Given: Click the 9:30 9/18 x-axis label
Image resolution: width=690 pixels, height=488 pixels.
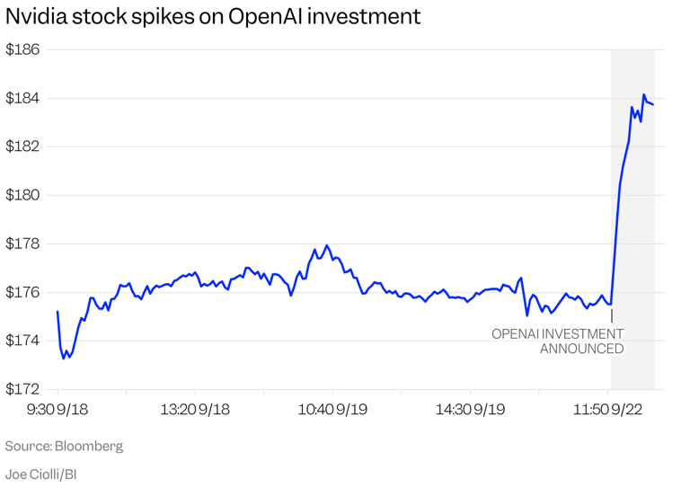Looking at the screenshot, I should click(57, 408).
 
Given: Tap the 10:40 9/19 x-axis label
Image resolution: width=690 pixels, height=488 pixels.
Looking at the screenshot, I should click(333, 408).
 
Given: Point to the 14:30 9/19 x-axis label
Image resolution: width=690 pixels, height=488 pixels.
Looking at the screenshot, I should click(471, 408).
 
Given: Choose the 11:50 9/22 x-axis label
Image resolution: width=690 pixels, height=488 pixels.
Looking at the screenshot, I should click(609, 408).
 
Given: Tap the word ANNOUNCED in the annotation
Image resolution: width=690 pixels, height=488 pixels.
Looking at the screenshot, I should click(581, 349).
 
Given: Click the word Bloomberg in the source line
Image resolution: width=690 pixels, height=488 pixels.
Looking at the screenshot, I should click(89, 446).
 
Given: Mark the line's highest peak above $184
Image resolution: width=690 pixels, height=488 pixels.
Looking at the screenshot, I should click(643, 94).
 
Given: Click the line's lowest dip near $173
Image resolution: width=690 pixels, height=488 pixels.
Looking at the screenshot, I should click(64, 358).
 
